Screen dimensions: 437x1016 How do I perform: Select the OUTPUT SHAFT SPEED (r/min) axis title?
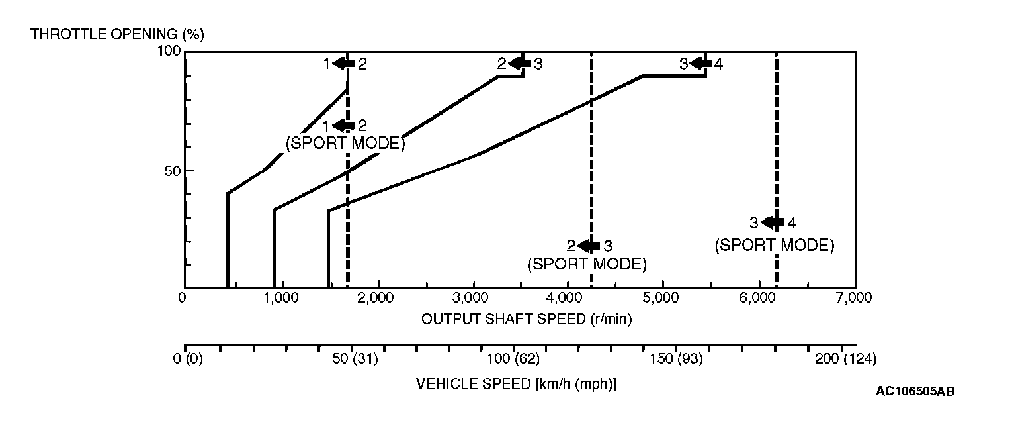(527, 318)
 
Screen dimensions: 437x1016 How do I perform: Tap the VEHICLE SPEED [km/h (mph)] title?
(516, 384)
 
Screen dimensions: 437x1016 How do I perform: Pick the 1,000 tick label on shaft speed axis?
(282, 298)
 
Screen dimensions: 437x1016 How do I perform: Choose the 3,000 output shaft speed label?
(472, 298)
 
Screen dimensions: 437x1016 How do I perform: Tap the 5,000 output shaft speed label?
(662, 298)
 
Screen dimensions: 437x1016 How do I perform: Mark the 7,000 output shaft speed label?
(853, 298)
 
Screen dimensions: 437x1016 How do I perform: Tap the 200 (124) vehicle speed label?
(845, 359)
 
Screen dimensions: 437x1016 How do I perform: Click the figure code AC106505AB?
(915, 391)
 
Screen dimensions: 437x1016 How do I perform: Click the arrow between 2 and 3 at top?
(520, 64)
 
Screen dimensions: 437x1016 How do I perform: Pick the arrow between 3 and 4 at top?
(701, 64)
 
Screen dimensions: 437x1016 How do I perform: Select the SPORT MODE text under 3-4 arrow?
(774, 245)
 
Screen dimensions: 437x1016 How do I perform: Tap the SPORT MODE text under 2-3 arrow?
(587, 264)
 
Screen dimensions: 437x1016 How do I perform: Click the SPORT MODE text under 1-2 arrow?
(345, 143)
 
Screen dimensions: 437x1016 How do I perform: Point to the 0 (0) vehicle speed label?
(185, 359)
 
